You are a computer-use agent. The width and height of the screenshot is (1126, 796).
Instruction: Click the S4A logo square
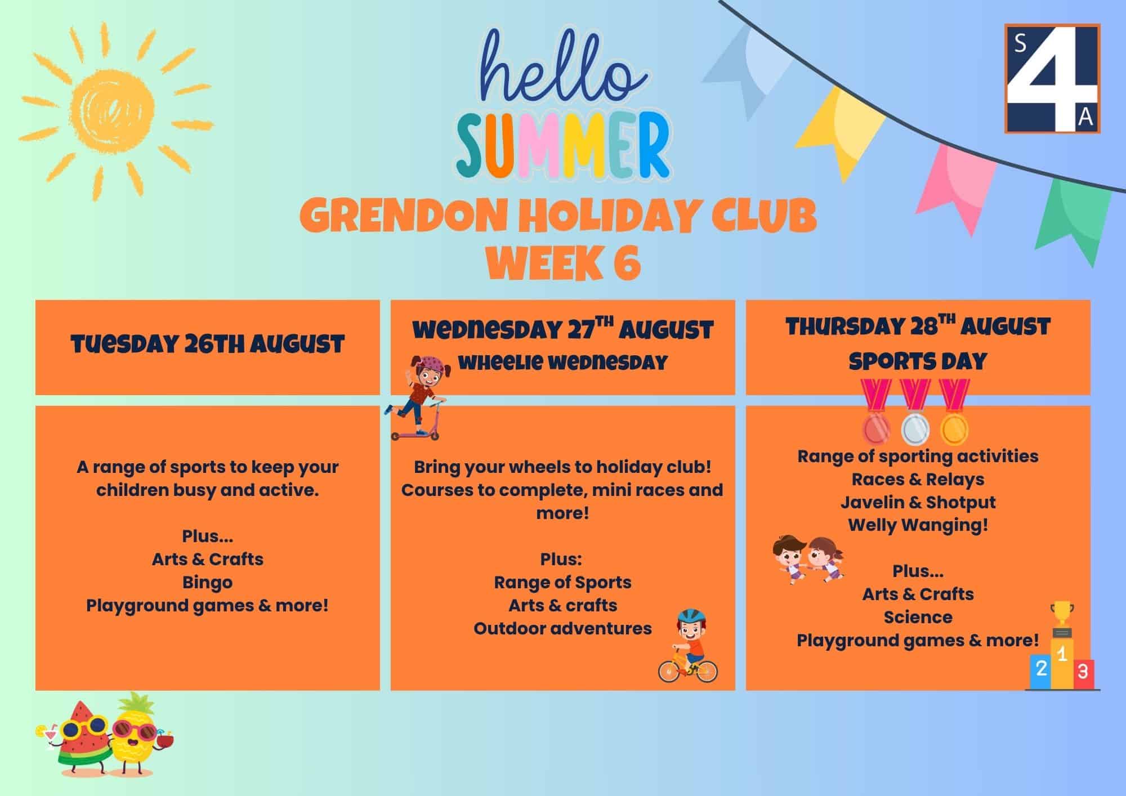click(x=1052, y=78)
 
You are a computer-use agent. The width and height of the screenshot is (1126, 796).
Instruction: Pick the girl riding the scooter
click(x=415, y=397)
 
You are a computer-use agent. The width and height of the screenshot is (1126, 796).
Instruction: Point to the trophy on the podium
click(x=1062, y=616)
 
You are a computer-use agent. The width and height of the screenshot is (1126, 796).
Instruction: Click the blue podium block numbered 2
click(x=1041, y=672)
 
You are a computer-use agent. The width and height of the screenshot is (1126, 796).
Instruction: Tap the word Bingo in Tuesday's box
click(x=207, y=583)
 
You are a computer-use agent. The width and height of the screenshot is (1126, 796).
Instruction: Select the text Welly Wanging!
click(x=918, y=525)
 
